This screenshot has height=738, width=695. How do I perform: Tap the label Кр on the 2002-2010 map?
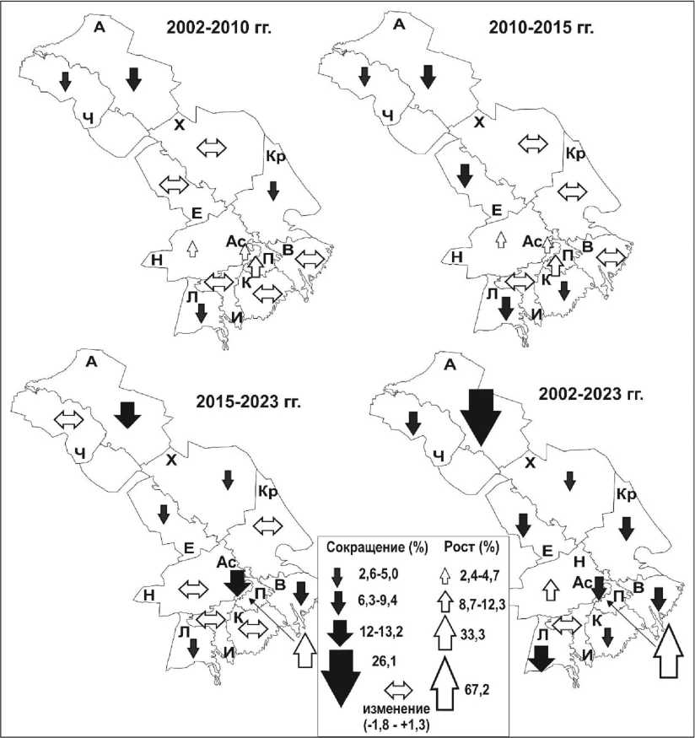tap(277, 156)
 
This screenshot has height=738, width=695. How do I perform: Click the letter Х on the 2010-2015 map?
tap(479, 123)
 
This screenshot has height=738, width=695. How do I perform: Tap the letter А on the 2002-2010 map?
tap(98, 26)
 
